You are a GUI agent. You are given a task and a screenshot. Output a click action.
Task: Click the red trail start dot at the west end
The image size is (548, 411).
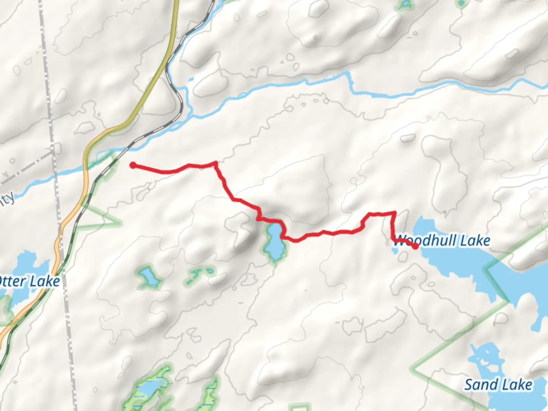click(x=133, y=165)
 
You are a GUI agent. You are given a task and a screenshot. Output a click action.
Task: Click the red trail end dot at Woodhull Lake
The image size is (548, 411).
click(x=415, y=246)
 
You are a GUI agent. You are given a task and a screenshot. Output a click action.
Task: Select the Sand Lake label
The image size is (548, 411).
click(x=498, y=385)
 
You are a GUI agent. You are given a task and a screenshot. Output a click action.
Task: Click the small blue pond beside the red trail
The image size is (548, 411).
click(x=274, y=244)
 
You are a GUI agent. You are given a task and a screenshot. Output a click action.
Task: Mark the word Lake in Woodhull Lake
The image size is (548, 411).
click(x=475, y=241)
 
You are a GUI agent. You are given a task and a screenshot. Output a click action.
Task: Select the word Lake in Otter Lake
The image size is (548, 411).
click(x=45, y=282)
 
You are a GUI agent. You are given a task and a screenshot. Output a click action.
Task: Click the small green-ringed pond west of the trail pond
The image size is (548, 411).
click(x=148, y=277)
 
